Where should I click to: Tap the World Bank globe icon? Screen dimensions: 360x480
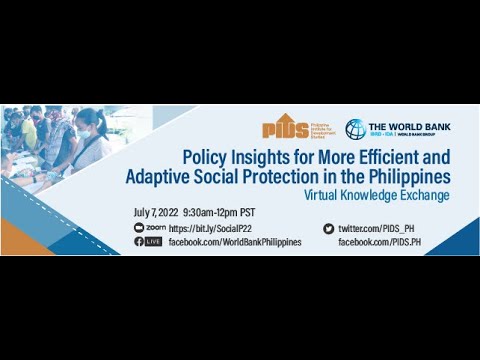tap(355, 129)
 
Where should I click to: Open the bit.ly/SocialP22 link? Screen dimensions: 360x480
tap(206, 228)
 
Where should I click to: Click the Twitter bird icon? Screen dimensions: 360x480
tap(328, 228)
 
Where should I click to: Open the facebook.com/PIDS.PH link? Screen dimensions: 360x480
tap(379, 242)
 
